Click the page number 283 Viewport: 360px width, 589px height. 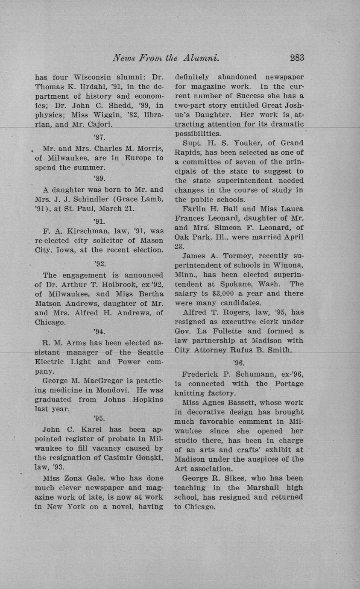(x=296, y=58)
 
